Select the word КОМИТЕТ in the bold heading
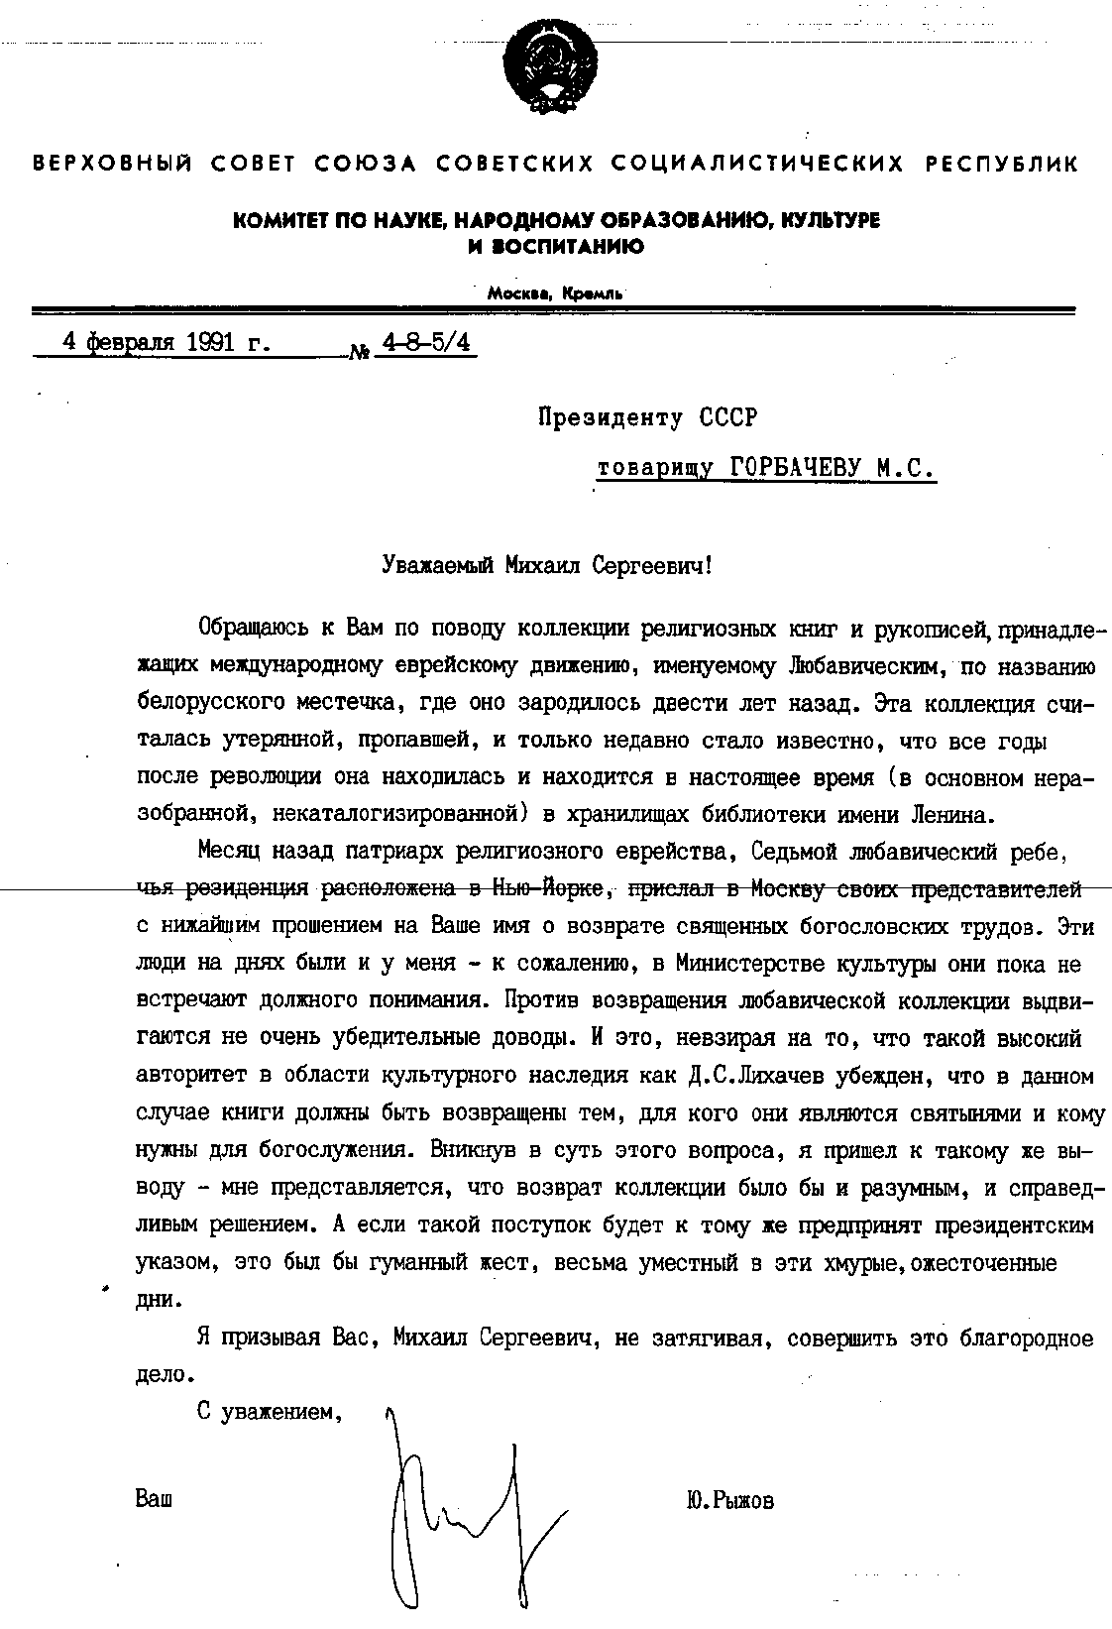[x=272, y=221]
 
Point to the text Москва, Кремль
[x=555, y=293]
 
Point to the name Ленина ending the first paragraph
[x=952, y=815]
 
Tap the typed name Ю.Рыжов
[x=729, y=1501]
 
